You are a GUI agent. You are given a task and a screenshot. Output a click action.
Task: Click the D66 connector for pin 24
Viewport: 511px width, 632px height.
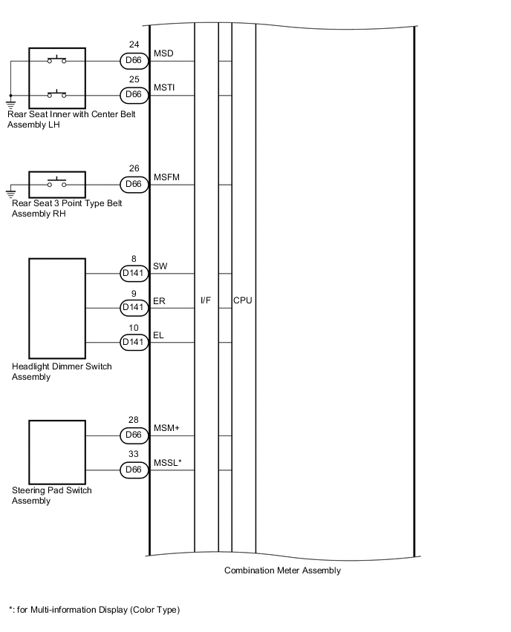pyautogui.click(x=134, y=61)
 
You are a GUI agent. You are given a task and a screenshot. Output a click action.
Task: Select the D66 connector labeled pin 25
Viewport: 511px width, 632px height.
pyautogui.click(x=134, y=95)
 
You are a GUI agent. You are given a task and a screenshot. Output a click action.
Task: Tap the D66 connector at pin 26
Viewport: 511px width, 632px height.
pyautogui.click(x=134, y=183)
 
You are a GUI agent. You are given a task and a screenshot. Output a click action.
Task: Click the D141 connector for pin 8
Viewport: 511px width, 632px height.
pyautogui.click(x=134, y=274)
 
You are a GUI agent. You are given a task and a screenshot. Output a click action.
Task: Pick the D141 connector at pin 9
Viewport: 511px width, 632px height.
pyautogui.click(x=134, y=307)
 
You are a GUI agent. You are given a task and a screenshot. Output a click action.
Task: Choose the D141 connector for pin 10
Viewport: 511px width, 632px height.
pyautogui.click(x=134, y=341)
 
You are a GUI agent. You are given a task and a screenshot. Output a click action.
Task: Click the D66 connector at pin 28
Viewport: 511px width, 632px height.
pyautogui.click(x=134, y=435)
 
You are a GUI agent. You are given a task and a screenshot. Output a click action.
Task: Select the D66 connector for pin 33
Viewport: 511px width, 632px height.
pyautogui.click(x=134, y=469)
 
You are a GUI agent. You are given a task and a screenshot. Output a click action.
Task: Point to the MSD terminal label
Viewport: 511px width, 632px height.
pyautogui.click(x=163, y=54)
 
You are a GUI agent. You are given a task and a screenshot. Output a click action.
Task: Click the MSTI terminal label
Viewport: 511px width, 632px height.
pyautogui.click(x=164, y=88)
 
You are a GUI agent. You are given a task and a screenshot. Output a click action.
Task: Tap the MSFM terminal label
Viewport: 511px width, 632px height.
pyautogui.click(x=166, y=177)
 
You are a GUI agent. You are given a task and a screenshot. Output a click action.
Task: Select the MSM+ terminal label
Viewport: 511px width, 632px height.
pyautogui.click(x=166, y=429)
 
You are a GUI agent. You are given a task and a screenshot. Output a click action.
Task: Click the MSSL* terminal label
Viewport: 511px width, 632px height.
pyautogui.click(x=168, y=463)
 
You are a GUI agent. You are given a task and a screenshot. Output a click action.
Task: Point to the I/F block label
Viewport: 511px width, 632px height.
pyautogui.click(x=206, y=300)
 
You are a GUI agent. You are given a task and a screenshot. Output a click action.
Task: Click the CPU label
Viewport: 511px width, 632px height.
pyautogui.click(x=243, y=300)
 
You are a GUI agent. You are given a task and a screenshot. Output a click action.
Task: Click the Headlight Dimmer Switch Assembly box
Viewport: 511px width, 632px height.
pyautogui.click(x=57, y=308)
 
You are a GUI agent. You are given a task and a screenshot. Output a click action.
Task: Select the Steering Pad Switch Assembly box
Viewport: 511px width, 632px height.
pyautogui.click(x=57, y=452)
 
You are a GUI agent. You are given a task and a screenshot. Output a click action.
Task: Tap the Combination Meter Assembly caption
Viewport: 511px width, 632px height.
pyautogui.click(x=282, y=570)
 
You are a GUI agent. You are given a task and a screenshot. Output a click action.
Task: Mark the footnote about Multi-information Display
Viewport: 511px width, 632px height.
pyautogui.click(x=94, y=610)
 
